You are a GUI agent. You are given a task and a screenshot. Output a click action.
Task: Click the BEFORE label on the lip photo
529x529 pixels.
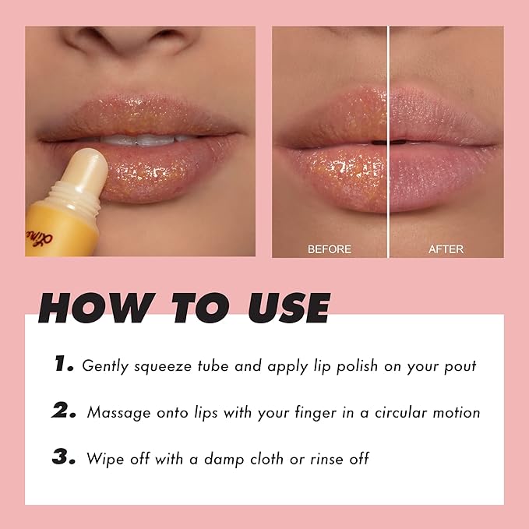point(330,249)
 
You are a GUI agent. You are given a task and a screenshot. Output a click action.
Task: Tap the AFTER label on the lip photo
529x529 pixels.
point(446,249)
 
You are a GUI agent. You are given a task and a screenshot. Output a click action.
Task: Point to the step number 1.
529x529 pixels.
point(62,364)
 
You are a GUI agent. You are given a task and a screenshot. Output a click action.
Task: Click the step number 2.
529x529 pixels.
point(64,411)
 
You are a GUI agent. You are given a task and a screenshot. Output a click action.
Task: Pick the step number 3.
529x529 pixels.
point(63,457)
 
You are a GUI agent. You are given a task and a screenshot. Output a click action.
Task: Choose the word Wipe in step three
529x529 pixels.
point(104,458)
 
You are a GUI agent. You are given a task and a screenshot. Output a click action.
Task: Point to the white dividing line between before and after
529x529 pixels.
point(388,140)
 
